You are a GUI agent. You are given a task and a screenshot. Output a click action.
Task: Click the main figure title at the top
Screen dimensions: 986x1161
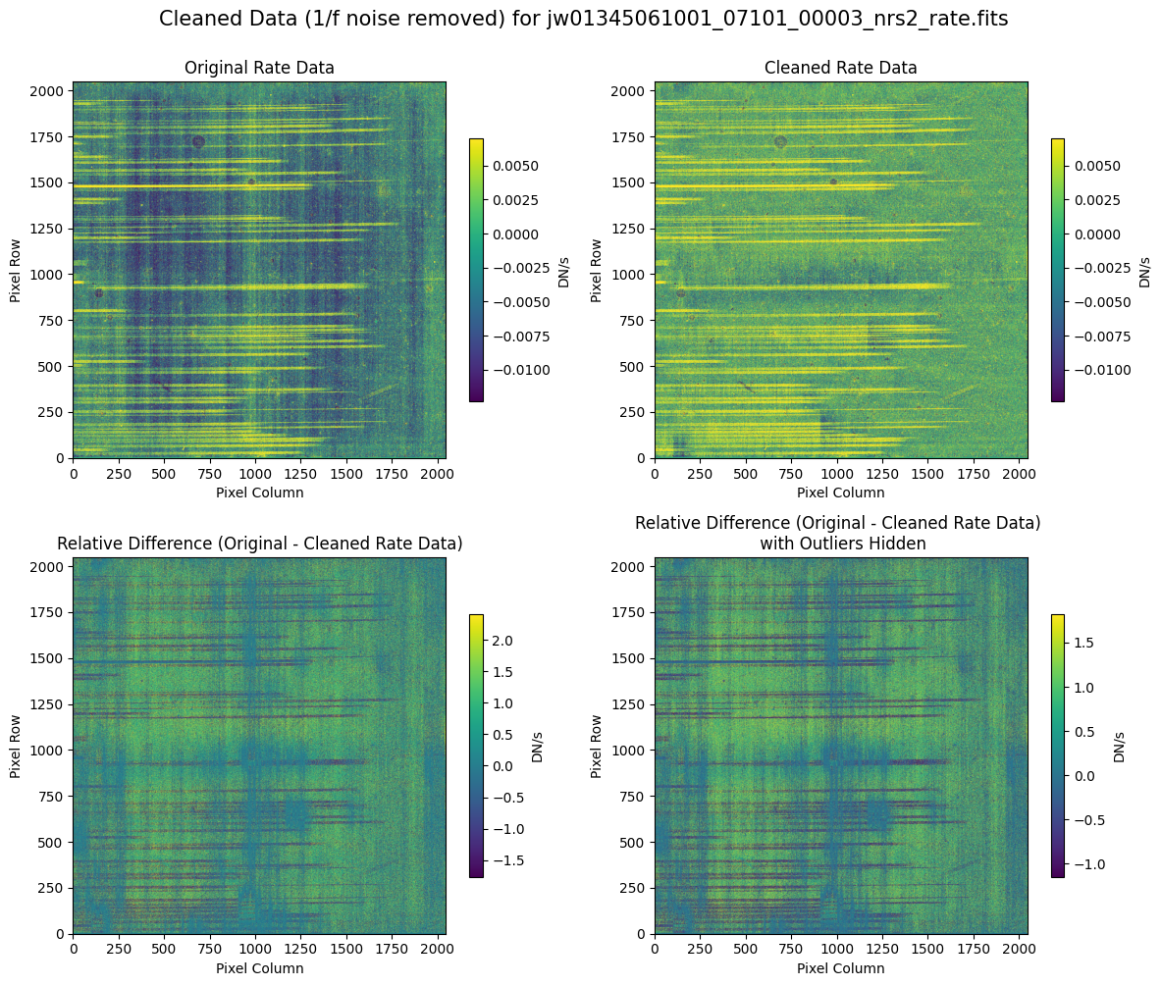(x=583, y=19)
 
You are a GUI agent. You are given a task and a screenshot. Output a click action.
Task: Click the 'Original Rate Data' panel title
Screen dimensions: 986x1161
(x=259, y=68)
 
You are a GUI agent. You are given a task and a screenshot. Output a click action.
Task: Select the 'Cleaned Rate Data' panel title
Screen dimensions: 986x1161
(x=841, y=68)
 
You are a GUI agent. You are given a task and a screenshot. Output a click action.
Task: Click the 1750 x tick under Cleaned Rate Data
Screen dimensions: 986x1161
(x=975, y=473)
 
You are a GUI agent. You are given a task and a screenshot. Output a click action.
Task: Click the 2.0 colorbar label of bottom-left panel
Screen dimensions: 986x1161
(x=501, y=640)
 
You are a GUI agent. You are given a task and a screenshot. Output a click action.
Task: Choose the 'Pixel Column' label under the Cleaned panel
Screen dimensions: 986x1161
(x=841, y=493)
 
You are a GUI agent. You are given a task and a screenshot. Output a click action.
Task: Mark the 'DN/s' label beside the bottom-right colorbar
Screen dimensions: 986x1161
(x=1119, y=746)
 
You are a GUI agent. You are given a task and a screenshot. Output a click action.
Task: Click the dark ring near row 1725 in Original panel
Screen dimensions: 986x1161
(x=198, y=141)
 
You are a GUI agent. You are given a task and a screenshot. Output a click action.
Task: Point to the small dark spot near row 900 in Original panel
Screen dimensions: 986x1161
(x=98, y=292)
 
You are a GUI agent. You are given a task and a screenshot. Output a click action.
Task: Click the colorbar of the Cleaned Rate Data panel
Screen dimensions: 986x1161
(x=1057, y=270)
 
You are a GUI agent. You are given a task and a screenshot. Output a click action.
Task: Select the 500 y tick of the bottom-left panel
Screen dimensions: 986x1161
(x=52, y=843)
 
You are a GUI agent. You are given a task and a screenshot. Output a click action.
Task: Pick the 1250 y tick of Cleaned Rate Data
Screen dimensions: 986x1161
(x=633, y=229)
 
